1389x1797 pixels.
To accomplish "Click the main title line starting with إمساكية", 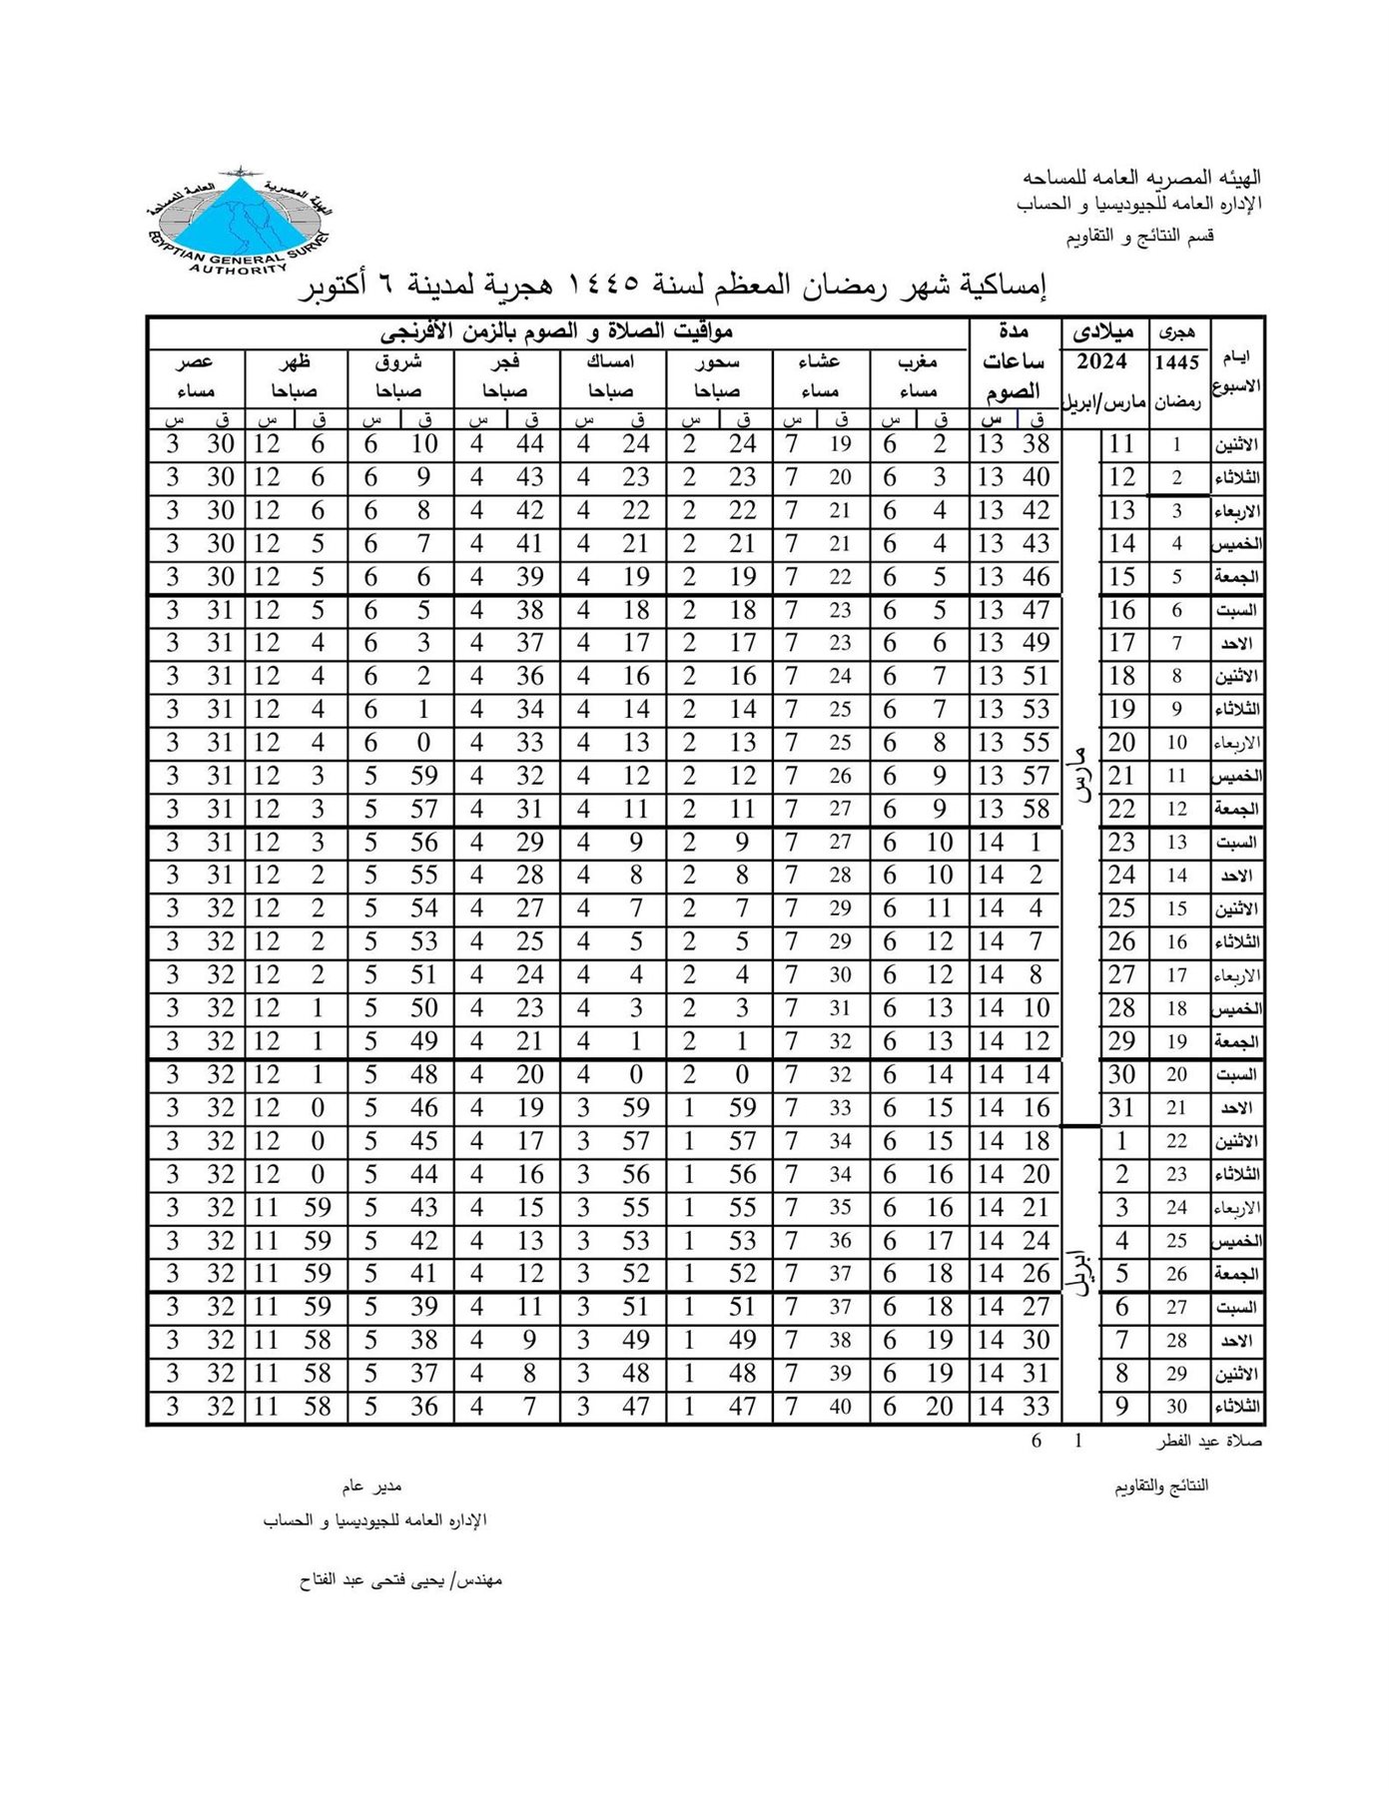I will pyautogui.click(x=675, y=287).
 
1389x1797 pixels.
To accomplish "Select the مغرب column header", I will pyautogui.click(x=918, y=361).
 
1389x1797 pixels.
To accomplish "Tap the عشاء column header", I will pyautogui.click(x=819, y=361).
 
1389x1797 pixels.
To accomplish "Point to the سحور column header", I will pyautogui.click(x=717, y=361).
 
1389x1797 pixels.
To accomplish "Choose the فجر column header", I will pyautogui.click(x=505, y=361).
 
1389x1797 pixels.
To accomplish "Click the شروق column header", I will pyautogui.click(x=398, y=361).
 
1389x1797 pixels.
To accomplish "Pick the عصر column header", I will pyautogui.click(x=195, y=361).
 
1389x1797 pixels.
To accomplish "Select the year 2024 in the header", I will pyautogui.click(x=1101, y=361).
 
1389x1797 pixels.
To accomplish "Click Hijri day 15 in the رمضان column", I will pyautogui.click(x=1177, y=909).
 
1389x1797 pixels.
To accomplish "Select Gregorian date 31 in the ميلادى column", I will pyautogui.click(x=1122, y=1108).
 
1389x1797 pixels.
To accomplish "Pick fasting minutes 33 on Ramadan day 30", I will pyautogui.click(x=1037, y=1407).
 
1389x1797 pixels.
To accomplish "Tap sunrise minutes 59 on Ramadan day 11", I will pyautogui.click(x=424, y=776).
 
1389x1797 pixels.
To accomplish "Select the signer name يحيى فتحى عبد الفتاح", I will pyautogui.click(x=399, y=1580).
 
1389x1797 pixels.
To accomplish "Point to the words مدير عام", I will pyautogui.click(x=371, y=1488).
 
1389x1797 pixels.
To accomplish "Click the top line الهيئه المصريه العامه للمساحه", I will pyautogui.click(x=1141, y=178).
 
